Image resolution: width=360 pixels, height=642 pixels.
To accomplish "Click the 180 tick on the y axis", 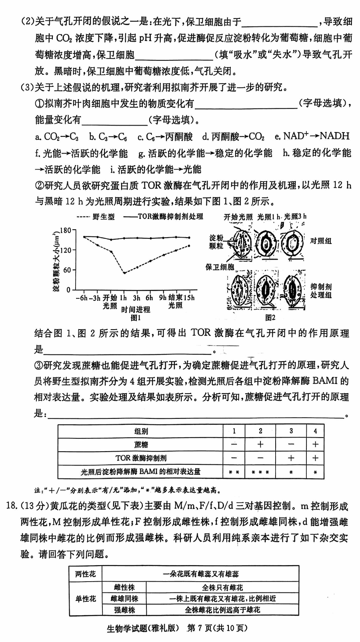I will [66, 230].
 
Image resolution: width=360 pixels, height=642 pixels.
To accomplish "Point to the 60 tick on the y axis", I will [67, 270].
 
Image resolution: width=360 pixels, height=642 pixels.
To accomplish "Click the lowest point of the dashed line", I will [124, 273].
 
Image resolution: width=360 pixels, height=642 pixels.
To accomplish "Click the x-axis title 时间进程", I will [136, 309].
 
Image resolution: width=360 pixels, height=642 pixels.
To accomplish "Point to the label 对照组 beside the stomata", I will [321, 241].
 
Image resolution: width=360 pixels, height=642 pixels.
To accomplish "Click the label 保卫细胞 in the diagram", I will [220, 267].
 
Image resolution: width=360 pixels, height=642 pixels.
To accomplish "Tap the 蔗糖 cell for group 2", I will [260, 444].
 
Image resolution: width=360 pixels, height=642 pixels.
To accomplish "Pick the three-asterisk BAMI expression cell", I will [260, 472].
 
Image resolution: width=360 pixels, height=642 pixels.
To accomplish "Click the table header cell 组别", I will [141, 431].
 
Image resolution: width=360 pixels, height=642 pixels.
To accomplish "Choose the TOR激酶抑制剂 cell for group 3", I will [291, 458].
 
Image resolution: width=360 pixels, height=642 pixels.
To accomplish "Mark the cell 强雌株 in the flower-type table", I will [124, 610].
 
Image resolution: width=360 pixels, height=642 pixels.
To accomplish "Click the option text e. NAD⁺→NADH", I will [312, 136].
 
